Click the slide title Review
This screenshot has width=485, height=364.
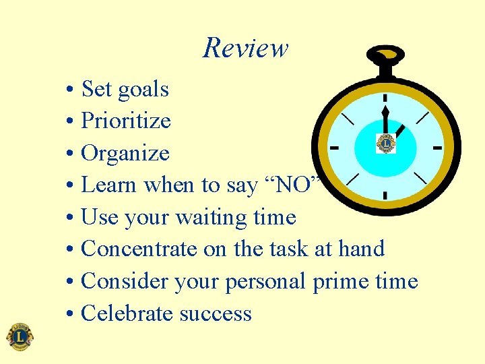[x=245, y=48]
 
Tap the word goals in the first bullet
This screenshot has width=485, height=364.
[x=143, y=89]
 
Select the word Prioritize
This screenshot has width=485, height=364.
[x=125, y=121]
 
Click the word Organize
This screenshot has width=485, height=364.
[x=125, y=154]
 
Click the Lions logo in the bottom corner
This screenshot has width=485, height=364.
[x=20, y=336]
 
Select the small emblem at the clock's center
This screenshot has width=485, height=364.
[x=386, y=143]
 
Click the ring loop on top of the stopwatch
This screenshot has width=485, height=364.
[x=386, y=55]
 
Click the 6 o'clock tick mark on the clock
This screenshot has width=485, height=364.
[x=385, y=196]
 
